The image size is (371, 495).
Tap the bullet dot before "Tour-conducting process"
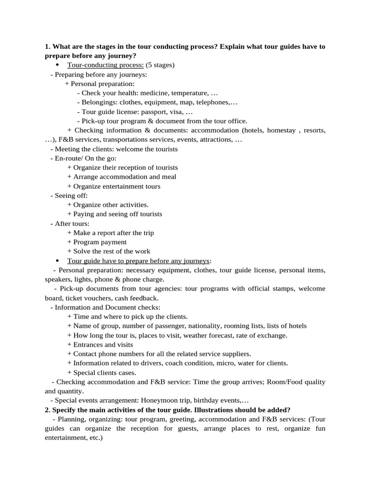click(57, 65)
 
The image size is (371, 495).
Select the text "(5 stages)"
click(160, 65)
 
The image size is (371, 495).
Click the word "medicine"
click(161, 93)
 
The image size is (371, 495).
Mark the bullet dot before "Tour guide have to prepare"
click(57, 261)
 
